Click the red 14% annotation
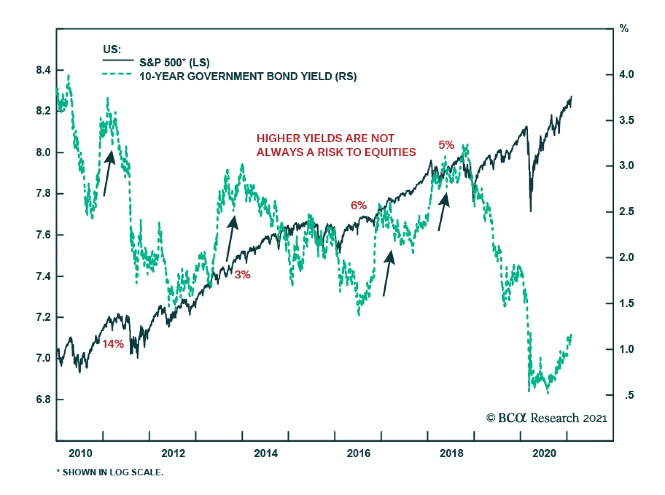[x=113, y=344]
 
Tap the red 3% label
[x=242, y=274]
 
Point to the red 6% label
[x=358, y=205]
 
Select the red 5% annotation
[x=446, y=145]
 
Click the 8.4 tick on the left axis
[x=43, y=70]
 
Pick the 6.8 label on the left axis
[x=43, y=399]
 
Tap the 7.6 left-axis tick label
[x=43, y=235]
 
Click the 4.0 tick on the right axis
[x=626, y=74]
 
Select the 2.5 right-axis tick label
[x=626, y=212]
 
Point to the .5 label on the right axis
[x=629, y=395]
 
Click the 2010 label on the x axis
[x=80, y=453]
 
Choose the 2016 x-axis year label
[x=358, y=453]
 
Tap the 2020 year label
[x=544, y=453]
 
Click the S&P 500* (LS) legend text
[x=174, y=63]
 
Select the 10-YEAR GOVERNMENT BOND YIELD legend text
[x=248, y=76]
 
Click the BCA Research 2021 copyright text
[x=547, y=418]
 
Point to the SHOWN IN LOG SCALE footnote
[x=110, y=472]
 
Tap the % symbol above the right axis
[x=624, y=29]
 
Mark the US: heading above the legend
[x=112, y=49]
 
